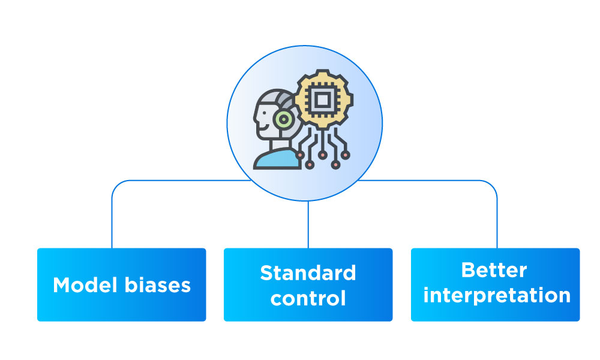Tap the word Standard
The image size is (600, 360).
[308, 273]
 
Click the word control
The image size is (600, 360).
[308, 298]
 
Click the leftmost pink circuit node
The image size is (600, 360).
[300, 154]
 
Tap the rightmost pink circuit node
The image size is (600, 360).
[346, 154]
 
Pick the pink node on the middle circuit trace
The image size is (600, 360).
[323, 155]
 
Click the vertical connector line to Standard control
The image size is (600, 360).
[308, 225]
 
